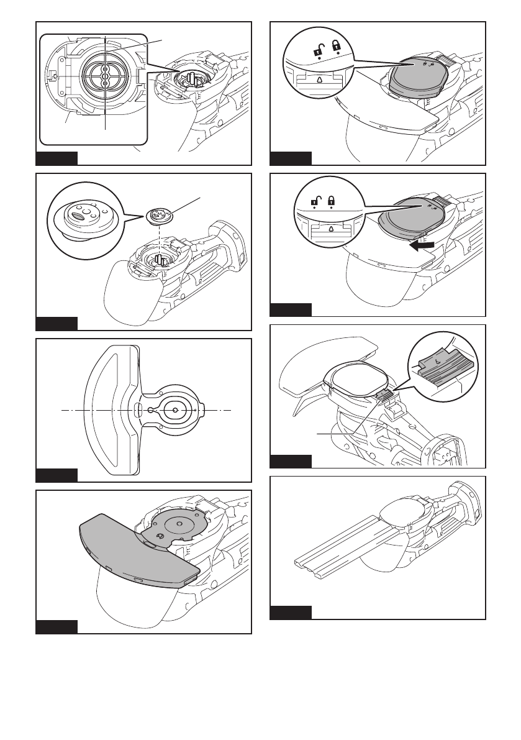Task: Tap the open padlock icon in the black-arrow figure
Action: [x=315, y=201]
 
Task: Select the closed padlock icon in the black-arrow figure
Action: [x=332, y=201]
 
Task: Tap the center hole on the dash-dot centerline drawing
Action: [x=175, y=411]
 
